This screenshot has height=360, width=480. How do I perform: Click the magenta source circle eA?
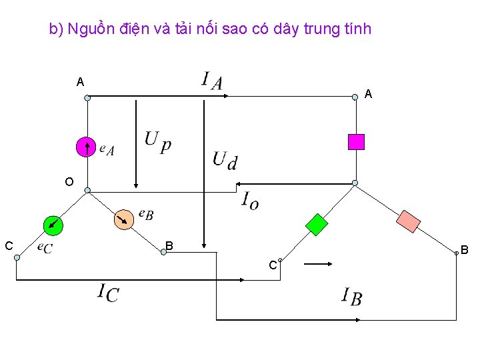tap(86, 147)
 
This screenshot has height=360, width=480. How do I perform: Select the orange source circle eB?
tap(123, 219)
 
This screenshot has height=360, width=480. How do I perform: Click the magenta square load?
tap(357, 141)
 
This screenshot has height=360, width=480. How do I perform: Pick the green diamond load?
tap(317, 225)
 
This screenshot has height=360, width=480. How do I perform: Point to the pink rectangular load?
tap(409, 221)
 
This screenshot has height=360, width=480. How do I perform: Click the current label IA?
tap(211, 81)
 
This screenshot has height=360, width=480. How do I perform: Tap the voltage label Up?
tap(157, 141)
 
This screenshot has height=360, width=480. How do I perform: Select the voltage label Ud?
tap(225, 159)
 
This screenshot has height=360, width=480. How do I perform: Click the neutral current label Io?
tap(249, 199)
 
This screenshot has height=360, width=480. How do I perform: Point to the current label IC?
tap(108, 292)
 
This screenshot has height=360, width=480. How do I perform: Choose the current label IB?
tap(351, 296)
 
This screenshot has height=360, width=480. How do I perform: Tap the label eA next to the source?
tap(107, 149)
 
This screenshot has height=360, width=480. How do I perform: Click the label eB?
tap(146, 213)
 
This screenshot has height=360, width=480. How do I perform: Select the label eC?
tap(45, 247)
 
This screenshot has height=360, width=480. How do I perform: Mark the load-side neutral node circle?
tap(355, 183)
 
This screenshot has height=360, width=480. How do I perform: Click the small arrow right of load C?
tap(318, 264)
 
